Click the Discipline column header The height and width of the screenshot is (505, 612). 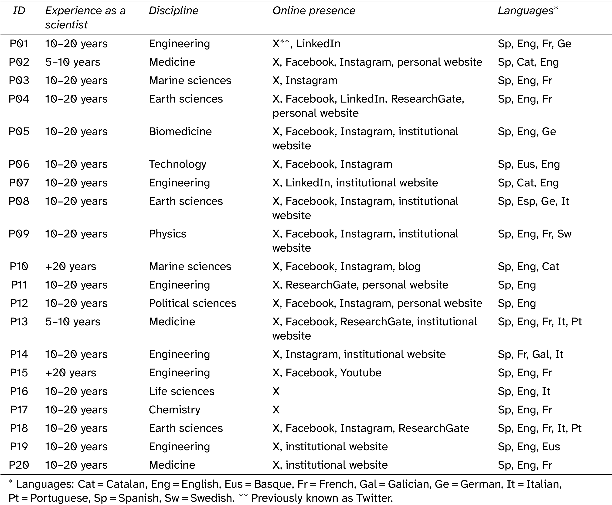(x=173, y=11)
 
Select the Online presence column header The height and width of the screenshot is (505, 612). (x=314, y=11)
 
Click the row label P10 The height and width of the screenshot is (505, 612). (x=19, y=266)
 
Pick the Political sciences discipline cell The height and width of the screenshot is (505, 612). (x=192, y=303)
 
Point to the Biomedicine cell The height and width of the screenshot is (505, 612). (x=180, y=131)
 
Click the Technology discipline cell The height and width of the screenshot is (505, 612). (x=177, y=164)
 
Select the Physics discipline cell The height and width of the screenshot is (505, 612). (x=167, y=234)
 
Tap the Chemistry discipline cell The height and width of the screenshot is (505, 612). (x=174, y=410)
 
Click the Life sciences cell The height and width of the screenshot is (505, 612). (x=181, y=392)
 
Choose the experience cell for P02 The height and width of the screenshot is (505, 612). (x=73, y=62)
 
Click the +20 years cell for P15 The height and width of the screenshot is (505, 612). (x=71, y=373)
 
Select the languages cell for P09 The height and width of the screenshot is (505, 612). (x=534, y=234)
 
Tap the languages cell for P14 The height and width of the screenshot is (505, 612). (x=530, y=354)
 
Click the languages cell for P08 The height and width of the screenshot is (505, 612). (x=533, y=201)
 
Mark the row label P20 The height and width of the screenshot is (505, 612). (x=19, y=465)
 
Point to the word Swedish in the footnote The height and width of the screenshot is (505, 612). (x=212, y=498)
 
